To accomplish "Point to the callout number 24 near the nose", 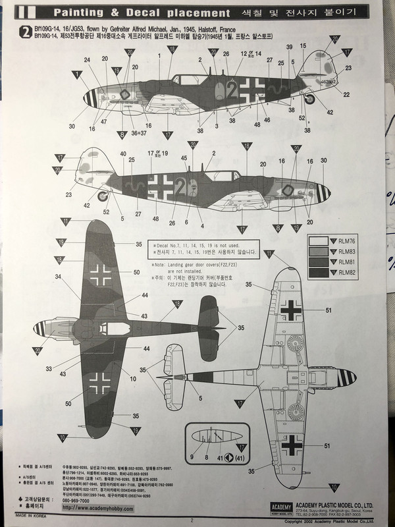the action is pos(86,60).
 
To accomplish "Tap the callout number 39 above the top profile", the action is pos(288,46).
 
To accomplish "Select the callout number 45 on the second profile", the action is pos(184,157).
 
